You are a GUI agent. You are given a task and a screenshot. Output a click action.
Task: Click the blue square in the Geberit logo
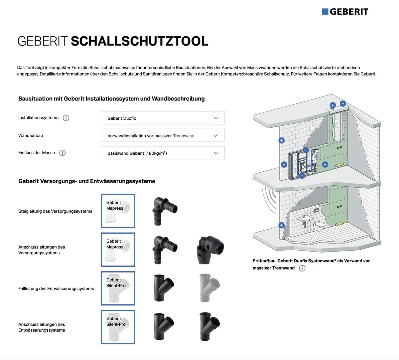325,12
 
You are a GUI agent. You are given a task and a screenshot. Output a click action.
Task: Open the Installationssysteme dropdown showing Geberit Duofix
163,118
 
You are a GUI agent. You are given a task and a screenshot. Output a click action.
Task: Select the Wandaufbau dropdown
163,135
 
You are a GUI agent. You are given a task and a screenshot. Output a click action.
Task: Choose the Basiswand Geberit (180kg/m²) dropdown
163,153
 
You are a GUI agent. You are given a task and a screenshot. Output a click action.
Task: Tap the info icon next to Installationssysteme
66,118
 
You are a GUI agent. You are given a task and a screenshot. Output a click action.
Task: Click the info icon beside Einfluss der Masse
63,153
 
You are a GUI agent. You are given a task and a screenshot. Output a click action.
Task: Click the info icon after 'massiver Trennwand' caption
302,268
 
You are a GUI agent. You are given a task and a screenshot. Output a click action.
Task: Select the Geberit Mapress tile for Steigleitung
118,211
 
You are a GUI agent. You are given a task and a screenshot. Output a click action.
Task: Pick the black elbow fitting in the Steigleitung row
165,211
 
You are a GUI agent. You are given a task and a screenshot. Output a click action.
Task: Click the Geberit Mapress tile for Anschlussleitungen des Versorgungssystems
118,250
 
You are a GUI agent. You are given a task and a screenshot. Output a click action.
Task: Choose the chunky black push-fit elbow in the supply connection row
210,250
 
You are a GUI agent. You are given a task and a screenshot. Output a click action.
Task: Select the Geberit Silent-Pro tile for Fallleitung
118,288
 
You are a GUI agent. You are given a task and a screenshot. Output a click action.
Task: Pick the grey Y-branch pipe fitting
209,288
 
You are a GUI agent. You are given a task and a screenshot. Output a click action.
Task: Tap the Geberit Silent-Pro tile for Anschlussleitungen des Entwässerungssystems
118,327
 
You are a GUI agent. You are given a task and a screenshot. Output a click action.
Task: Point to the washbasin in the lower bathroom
304,219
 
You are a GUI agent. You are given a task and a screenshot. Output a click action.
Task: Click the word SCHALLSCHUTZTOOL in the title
139,41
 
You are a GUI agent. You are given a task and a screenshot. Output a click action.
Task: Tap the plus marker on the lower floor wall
281,225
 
